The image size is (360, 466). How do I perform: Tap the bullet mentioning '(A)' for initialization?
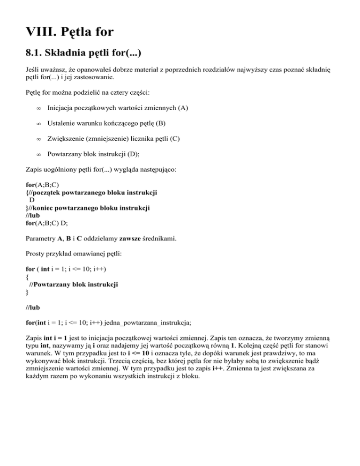click(118, 108)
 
